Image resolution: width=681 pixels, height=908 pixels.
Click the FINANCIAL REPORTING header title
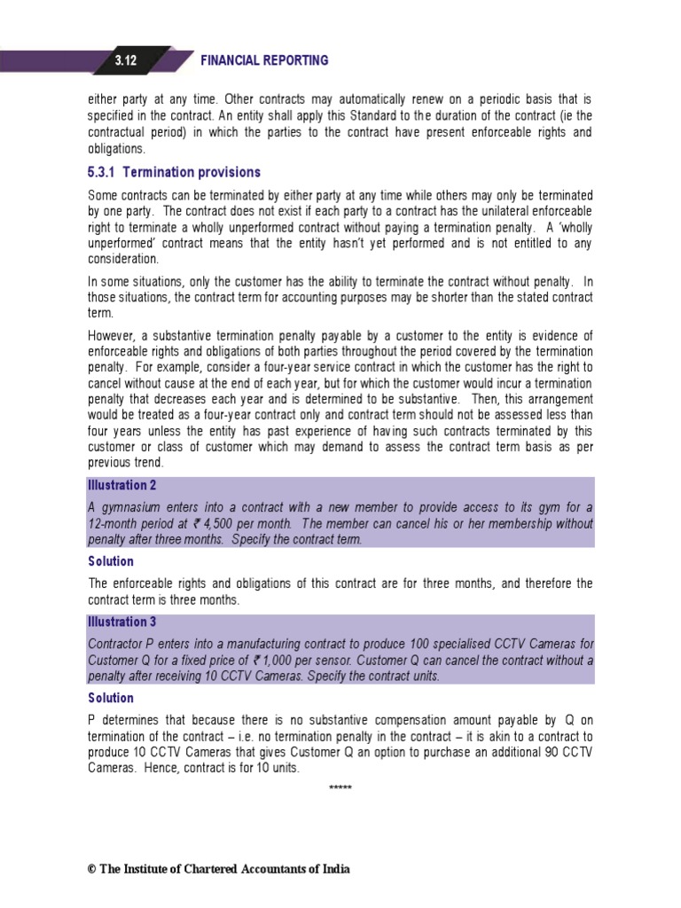click(264, 60)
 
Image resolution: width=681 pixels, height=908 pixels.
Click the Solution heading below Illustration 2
click(111, 561)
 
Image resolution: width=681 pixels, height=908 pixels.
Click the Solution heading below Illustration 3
click(111, 699)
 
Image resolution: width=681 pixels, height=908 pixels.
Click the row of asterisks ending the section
click(340, 788)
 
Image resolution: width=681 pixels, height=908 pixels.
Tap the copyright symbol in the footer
click(90, 869)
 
